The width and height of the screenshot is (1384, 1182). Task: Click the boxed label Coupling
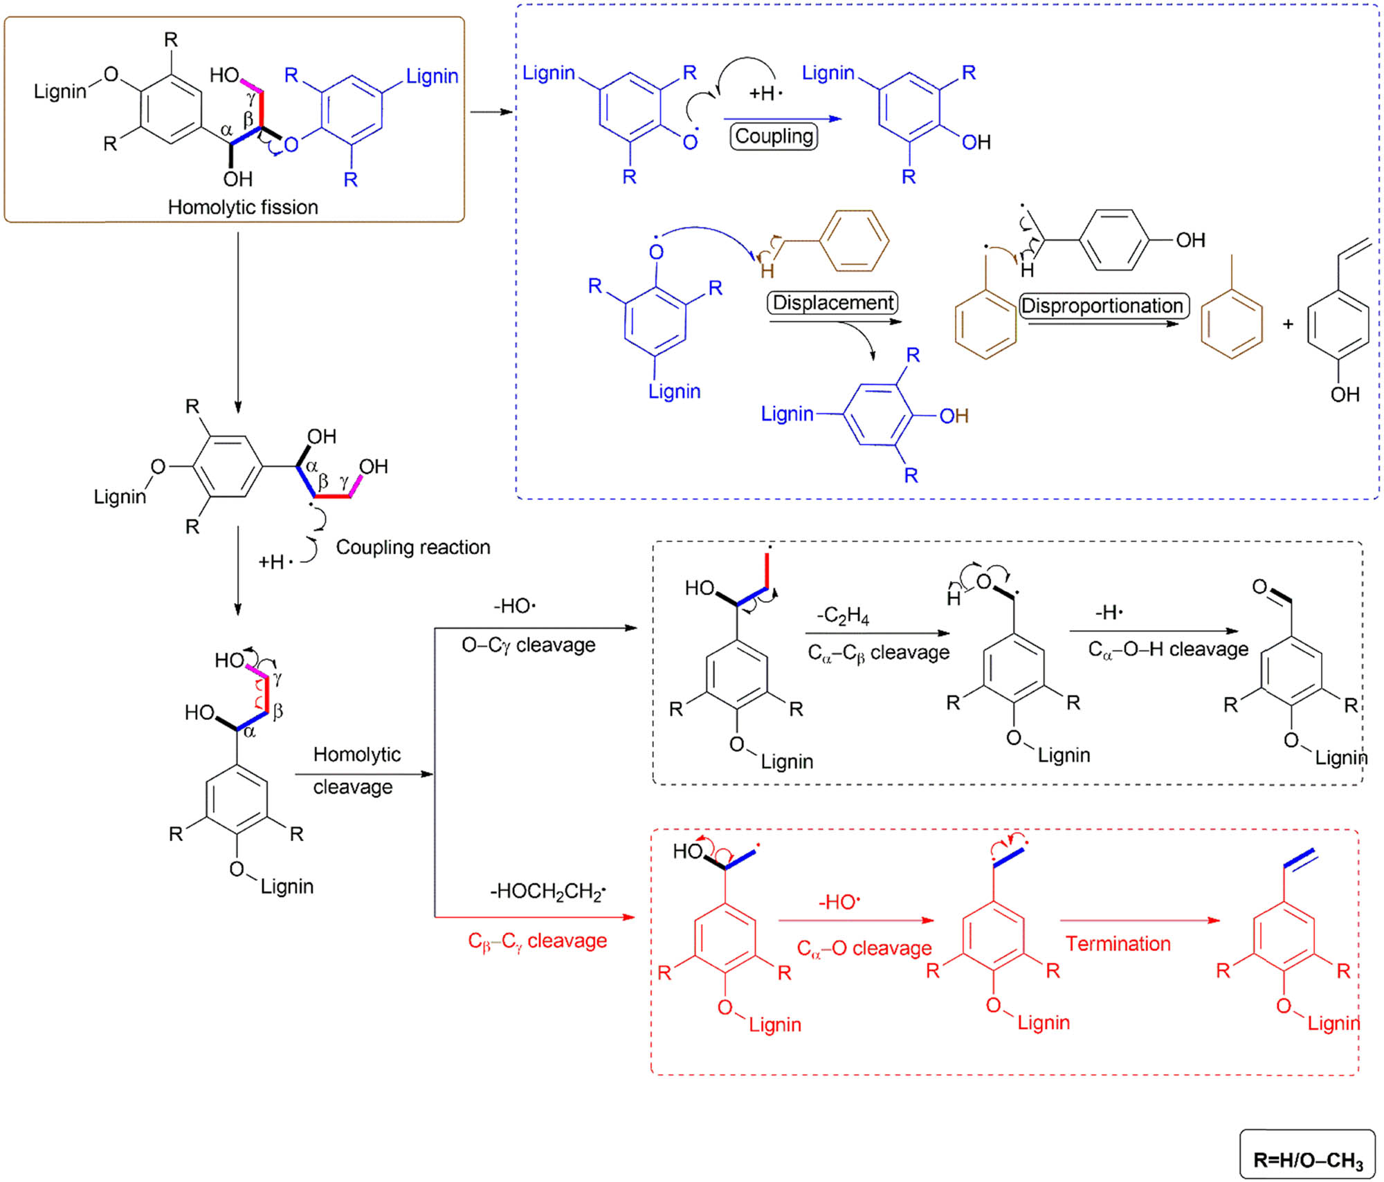(x=774, y=136)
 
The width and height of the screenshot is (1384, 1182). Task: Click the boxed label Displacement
(x=832, y=302)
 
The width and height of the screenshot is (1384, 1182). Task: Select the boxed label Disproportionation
(x=1104, y=305)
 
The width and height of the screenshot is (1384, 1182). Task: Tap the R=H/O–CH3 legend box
(x=1307, y=1154)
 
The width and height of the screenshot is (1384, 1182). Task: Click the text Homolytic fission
(x=243, y=207)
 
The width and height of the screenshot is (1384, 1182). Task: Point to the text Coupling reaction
(x=413, y=547)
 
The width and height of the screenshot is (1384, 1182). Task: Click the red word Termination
(x=1118, y=943)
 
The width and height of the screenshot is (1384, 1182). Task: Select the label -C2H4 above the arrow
(x=843, y=615)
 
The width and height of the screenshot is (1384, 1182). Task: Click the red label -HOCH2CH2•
(x=547, y=891)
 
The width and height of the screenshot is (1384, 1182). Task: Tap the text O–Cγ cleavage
(x=528, y=645)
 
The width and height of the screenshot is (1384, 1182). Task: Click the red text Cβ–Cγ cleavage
(x=538, y=941)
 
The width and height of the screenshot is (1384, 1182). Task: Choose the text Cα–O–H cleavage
(x=1168, y=649)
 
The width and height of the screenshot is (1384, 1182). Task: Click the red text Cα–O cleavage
(x=864, y=948)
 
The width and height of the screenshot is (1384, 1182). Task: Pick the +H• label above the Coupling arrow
(x=765, y=93)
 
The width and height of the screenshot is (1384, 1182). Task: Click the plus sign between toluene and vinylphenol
(x=1288, y=324)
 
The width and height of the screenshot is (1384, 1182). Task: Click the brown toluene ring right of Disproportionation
(x=1231, y=323)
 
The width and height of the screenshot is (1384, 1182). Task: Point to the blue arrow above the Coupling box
(x=782, y=119)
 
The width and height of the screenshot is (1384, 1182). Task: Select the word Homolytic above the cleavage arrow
(x=357, y=754)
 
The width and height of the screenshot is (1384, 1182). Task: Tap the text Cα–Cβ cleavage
(x=879, y=652)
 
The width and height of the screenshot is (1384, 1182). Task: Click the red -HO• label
(x=839, y=902)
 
